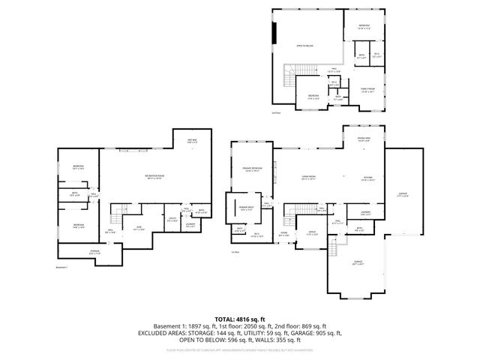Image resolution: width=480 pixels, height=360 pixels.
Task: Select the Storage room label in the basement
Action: [94, 252]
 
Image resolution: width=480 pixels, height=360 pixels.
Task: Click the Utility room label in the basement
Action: [172, 219]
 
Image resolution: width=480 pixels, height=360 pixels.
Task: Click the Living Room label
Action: [307, 178]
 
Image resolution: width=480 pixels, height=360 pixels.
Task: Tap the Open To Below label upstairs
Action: [303, 44]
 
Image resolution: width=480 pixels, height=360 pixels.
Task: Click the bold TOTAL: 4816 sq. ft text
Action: [240, 319]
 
